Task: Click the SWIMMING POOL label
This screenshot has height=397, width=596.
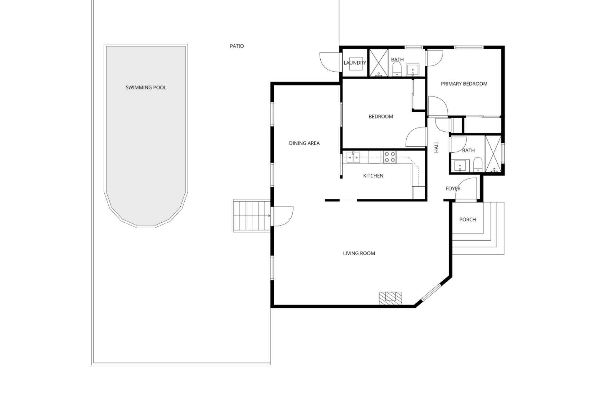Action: pos(146,87)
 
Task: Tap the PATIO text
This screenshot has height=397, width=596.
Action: pos(237,46)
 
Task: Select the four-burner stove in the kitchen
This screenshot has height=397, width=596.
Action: pos(390,157)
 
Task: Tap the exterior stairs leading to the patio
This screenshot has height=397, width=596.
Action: pos(252,216)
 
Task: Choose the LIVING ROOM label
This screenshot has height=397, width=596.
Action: pos(359,253)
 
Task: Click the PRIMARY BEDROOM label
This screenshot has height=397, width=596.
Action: pos(464,84)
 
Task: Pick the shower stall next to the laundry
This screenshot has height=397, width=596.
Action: pos(378,62)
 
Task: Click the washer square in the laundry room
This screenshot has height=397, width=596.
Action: pos(354,63)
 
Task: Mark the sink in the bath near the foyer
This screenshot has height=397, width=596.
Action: pos(460,166)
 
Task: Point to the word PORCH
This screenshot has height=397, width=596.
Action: pos(467,220)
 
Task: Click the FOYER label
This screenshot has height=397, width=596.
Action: pos(453,189)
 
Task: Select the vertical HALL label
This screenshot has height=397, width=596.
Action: pos(436,147)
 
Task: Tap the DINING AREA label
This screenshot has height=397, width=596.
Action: pos(304,143)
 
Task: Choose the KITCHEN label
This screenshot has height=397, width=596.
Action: pos(373,176)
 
